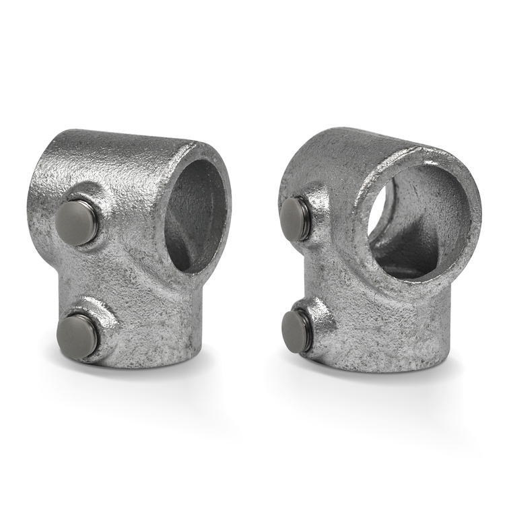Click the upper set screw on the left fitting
pos(75,222)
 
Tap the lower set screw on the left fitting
pos(77,335)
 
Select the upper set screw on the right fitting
pos(294,218)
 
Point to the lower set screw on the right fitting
pos(296,331)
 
